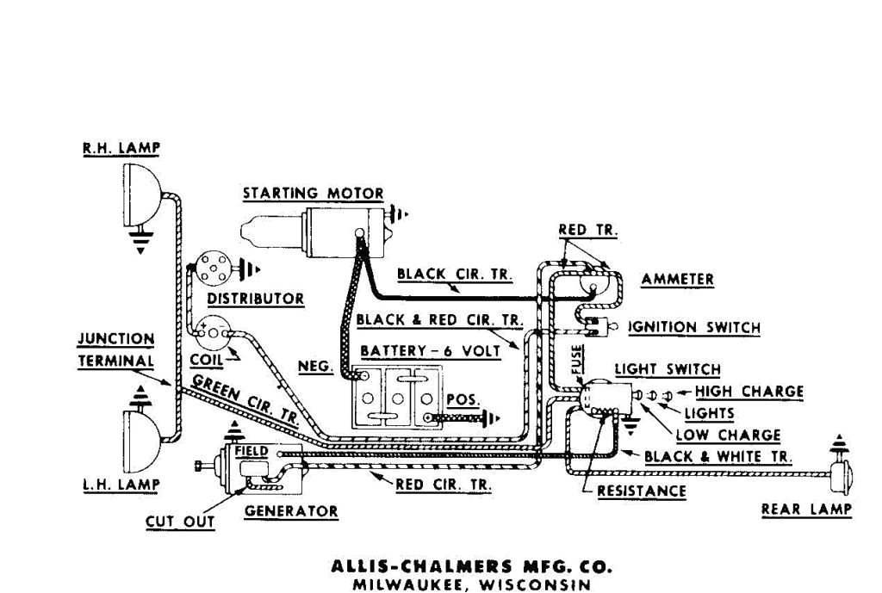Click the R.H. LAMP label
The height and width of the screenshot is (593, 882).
(x=121, y=148)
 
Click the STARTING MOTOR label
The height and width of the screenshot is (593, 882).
(x=313, y=193)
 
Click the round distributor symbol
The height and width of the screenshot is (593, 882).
(x=210, y=269)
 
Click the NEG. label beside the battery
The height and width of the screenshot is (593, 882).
(x=315, y=366)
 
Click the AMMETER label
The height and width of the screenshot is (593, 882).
(x=677, y=280)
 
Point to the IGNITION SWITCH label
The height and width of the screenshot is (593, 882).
(x=694, y=328)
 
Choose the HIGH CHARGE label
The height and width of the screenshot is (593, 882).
(x=748, y=392)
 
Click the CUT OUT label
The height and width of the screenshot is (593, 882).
(x=180, y=521)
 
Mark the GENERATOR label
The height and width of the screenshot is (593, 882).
(x=291, y=510)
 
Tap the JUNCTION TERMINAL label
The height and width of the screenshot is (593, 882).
(x=116, y=350)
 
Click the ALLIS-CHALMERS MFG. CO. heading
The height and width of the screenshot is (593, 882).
(x=472, y=567)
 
